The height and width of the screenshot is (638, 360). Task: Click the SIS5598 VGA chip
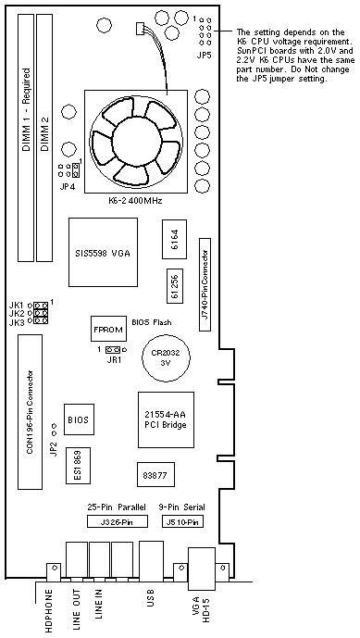(x=103, y=252)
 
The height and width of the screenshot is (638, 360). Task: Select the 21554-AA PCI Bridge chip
(x=166, y=419)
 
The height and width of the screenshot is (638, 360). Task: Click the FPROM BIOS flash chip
(x=107, y=328)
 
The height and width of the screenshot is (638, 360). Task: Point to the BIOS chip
(x=80, y=419)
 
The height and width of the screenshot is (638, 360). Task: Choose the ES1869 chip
(x=78, y=466)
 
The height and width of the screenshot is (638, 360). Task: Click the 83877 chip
(x=155, y=475)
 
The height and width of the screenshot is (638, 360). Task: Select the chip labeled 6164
(x=175, y=239)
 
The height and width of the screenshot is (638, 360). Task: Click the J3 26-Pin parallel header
(x=117, y=521)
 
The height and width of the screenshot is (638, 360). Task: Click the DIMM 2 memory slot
(x=45, y=138)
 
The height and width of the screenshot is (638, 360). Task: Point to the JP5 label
(x=205, y=56)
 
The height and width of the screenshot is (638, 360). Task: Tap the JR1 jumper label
(x=114, y=359)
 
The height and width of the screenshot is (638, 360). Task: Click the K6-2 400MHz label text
(x=134, y=201)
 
